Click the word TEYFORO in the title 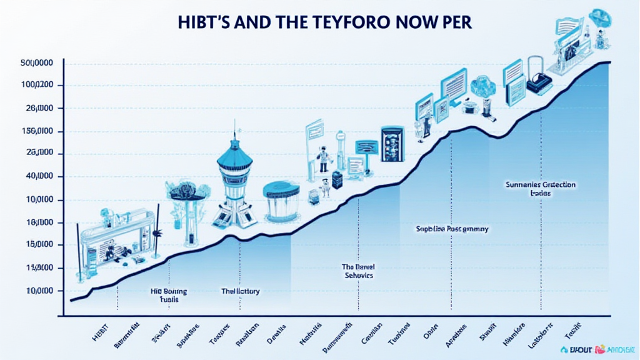342,21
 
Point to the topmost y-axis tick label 36,62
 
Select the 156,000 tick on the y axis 37,131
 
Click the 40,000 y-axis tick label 37,177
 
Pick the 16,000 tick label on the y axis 37,222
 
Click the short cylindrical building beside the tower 282,199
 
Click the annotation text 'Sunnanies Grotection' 540,185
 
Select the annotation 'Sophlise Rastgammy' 452,229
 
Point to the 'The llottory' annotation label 241,291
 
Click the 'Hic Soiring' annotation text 169,291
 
